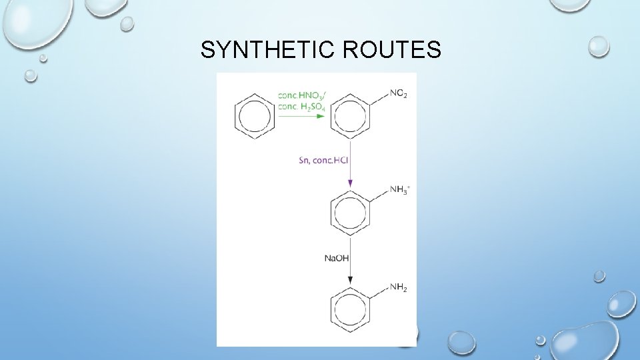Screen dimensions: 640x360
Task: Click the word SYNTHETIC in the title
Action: (265, 50)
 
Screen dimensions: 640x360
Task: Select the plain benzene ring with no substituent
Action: (255, 116)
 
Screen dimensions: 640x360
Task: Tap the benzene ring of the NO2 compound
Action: (350, 116)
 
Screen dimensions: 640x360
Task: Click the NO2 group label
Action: (398, 94)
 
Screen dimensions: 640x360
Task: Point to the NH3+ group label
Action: (399, 191)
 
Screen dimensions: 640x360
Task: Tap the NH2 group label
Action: (398, 287)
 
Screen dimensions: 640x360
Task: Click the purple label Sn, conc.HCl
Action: (324, 160)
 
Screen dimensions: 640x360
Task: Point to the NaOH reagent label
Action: (337, 258)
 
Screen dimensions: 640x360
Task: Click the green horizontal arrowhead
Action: (321, 116)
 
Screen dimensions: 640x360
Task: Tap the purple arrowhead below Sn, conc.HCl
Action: (350, 184)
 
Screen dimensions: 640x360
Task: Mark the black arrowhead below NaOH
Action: (350, 281)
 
